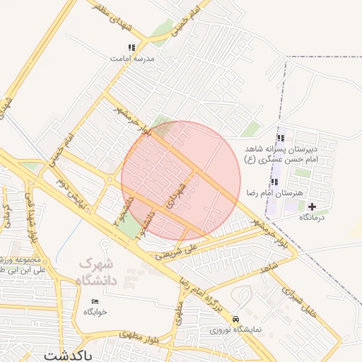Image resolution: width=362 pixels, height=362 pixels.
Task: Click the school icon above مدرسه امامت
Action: point(132,48)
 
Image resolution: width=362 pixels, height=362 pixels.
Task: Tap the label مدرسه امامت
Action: point(132,59)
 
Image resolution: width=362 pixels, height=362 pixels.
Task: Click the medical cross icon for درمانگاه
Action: point(313,207)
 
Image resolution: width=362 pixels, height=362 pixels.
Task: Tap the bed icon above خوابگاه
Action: point(95,301)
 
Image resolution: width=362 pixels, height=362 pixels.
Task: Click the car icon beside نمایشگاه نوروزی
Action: point(235,319)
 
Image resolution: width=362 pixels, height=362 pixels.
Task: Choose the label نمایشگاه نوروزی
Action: point(237,329)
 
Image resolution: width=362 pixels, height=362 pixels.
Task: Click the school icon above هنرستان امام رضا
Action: point(274,182)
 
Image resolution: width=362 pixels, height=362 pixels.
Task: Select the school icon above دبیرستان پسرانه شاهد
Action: point(281,139)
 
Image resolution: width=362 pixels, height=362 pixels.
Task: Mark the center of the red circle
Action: point(181,181)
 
